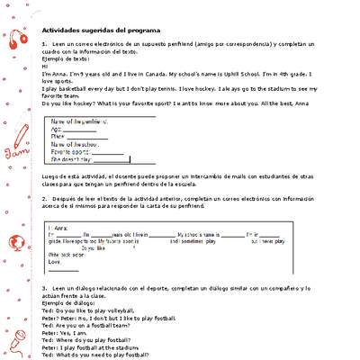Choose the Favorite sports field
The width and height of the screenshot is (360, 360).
click(x=85, y=152)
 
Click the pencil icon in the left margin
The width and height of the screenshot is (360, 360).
click(x=21, y=139)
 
